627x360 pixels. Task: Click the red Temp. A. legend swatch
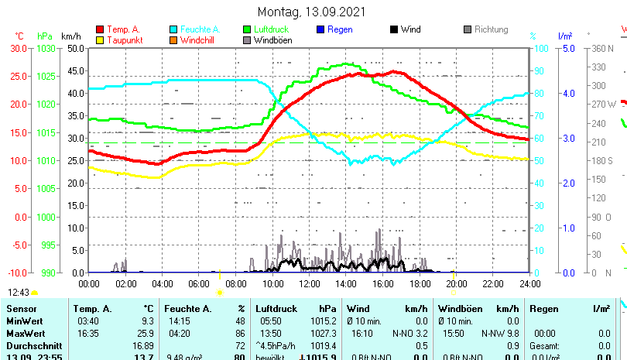[x=100, y=29]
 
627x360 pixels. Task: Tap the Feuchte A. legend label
[x=200, y=29]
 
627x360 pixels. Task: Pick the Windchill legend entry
[x=199, y=40]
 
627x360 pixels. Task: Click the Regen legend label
[x=340, y=29]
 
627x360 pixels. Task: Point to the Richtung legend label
[x=492, y=29]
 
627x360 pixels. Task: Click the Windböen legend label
[x=273, y=40]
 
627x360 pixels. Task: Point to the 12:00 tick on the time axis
[x=309, y=283]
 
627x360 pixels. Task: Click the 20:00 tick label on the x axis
[x=456, y=283]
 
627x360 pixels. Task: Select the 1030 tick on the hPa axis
[x=46, y=48]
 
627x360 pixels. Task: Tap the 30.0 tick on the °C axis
[x=19, y=48]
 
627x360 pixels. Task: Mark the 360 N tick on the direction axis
[x=602, y=48]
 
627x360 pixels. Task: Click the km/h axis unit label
[x=70, y=36]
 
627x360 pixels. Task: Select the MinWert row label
[x=24, y=321]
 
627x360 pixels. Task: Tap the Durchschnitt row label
[x=31, y=344]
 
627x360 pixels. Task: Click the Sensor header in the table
[x=21, y=309]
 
